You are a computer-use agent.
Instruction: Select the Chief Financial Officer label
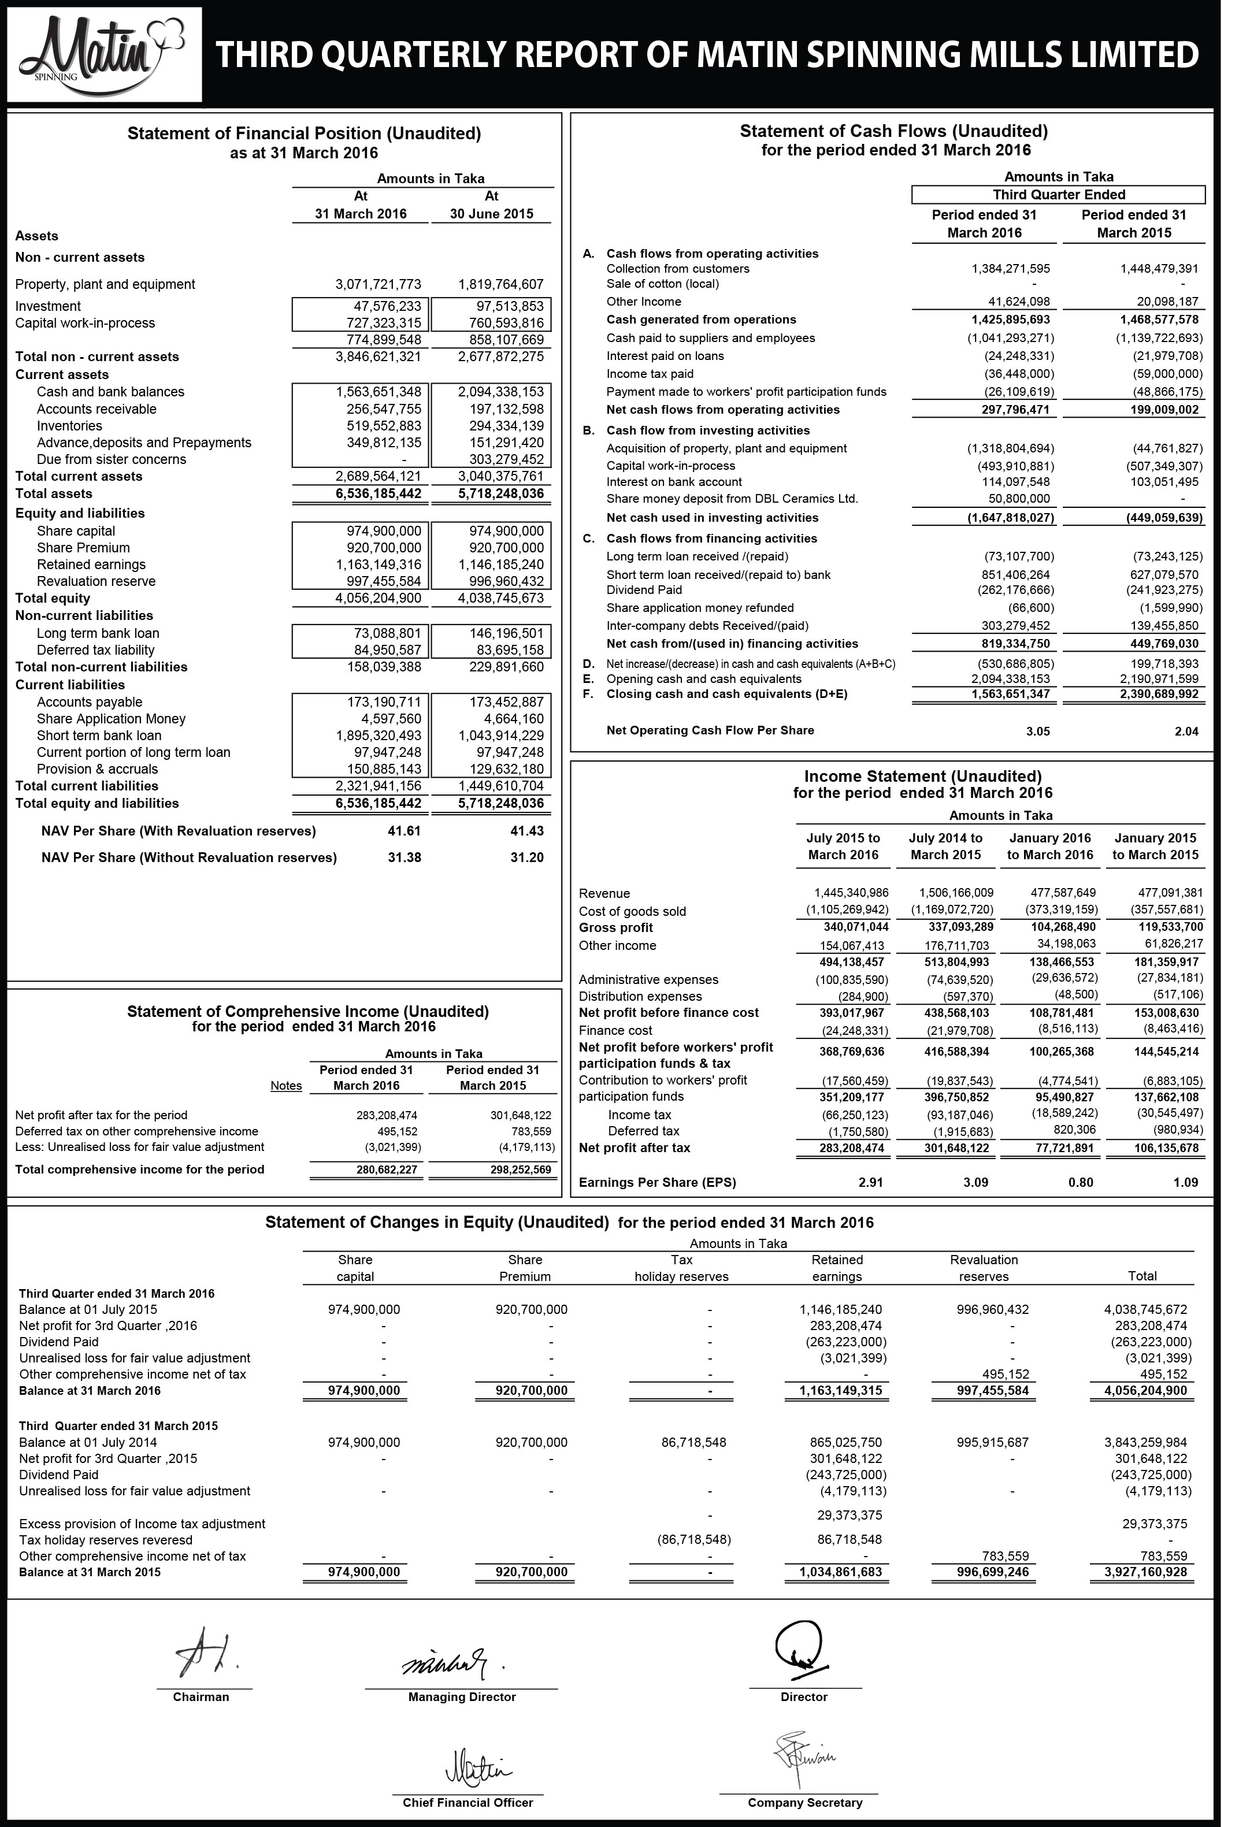[468, 1802]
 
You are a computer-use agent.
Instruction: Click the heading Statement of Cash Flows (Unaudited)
[893, 131]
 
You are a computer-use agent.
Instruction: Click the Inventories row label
[69, 425]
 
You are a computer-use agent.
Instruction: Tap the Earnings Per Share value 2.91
[870, 1182]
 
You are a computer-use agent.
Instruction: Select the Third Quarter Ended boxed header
[1058, 195]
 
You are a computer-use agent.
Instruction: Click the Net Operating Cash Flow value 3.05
[1038, 731]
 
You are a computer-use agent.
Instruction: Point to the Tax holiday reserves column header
[681, 1268]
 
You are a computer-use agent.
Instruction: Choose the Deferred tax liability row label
[95, 650]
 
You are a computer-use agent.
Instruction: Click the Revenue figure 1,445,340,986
[851, 892]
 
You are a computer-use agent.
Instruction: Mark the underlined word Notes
[286, 1086]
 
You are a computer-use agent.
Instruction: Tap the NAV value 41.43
[526, 831]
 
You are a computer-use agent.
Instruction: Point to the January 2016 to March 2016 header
[1051, 846]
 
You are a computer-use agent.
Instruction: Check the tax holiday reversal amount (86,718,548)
[693, 1539]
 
